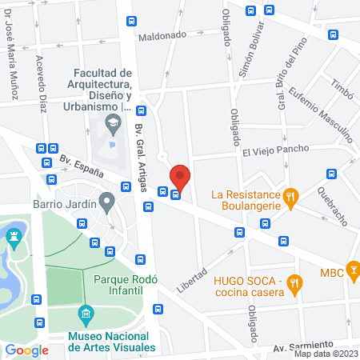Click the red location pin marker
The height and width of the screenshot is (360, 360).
pyautogui.click(x=180, y=177)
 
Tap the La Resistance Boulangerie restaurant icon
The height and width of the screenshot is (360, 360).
pyautogui.click(x=292, y=194)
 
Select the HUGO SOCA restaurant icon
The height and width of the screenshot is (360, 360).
pyautogui.click(x=295, y=282)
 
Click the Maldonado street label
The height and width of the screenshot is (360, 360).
pyautogui.click(x=162, y=36)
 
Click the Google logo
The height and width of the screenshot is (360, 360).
pyautogui.click(x=27, y=350)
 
